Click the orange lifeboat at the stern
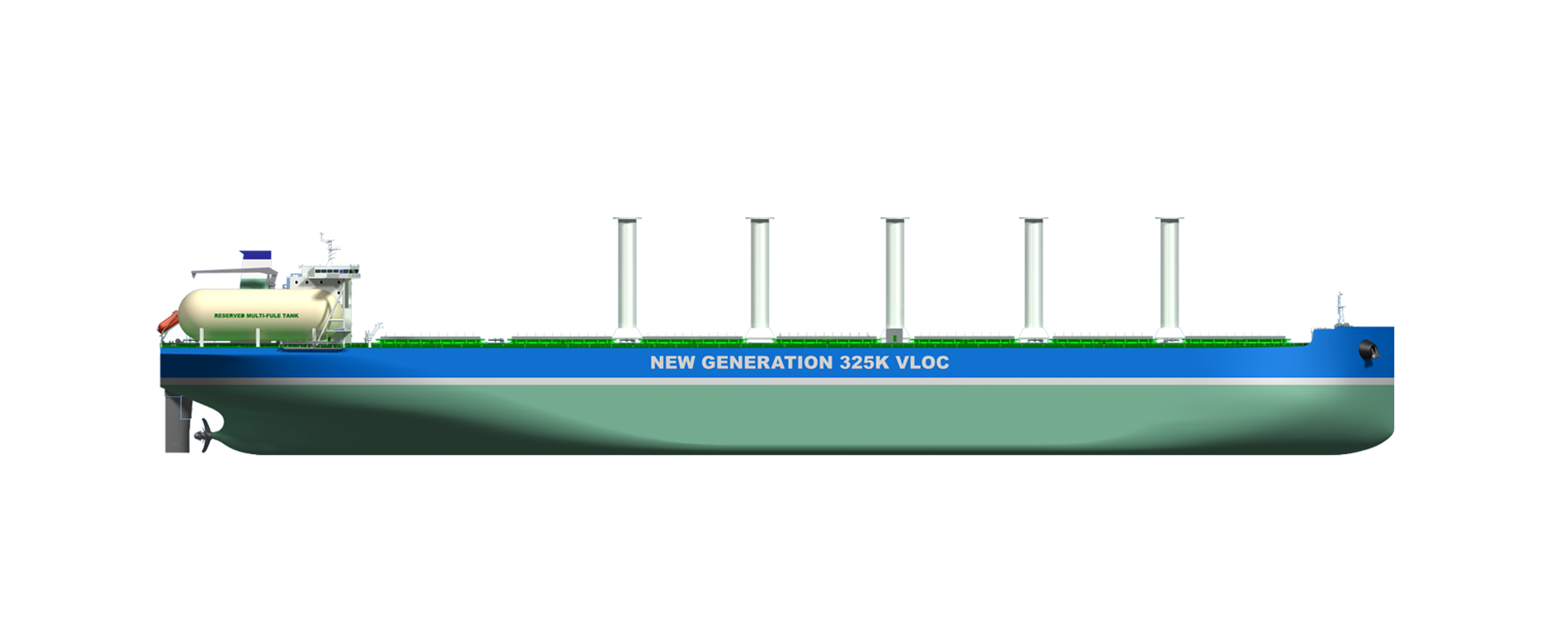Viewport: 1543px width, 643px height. tap(166, 321)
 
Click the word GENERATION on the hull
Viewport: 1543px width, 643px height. tap(767, 362)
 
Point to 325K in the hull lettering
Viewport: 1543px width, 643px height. tap(864, 362)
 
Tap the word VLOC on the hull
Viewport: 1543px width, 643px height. tap(923, 362)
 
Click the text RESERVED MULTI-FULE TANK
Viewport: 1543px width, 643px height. tap(256, 316)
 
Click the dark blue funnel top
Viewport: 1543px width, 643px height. tap(256, 239)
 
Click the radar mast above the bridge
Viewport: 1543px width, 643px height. tap(327, 251)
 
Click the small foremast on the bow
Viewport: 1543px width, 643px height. tap(1340, 309)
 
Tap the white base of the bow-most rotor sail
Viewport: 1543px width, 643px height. tap(1169, 333)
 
